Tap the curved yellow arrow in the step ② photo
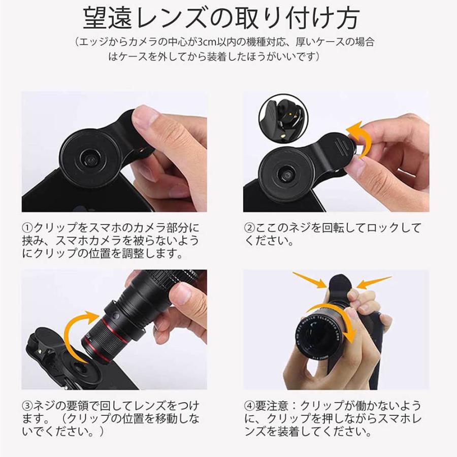point(354,140)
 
